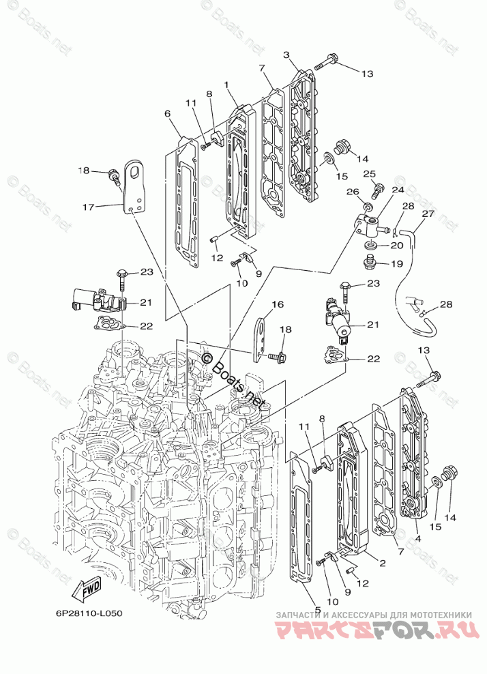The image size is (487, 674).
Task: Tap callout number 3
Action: (286, 55)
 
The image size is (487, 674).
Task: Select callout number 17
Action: (89, 207)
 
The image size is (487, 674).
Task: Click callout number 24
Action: (398, 190)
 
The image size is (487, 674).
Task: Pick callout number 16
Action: (278, 304)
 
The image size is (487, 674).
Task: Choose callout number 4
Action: (418, 538)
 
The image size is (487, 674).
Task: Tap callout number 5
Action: (318, 609)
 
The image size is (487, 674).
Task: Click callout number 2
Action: (382, 563)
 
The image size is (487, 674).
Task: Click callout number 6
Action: (167, 113)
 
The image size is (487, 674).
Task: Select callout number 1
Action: (226, 85)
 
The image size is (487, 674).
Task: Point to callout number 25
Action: (369, 174)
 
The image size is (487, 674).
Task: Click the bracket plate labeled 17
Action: (133, 185)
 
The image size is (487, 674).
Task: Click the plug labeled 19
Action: (369, 262)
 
